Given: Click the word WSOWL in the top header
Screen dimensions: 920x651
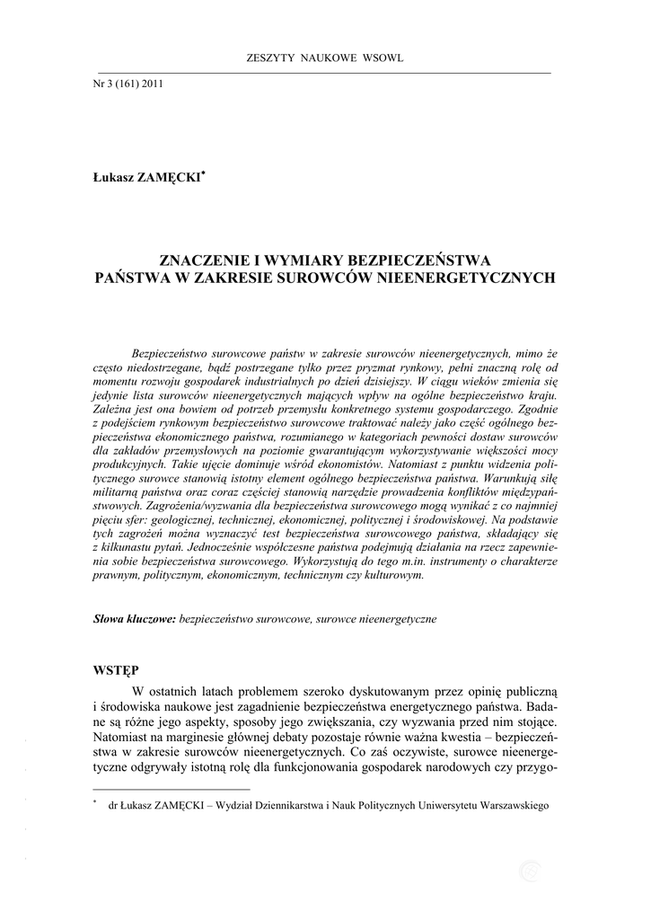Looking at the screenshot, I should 383,58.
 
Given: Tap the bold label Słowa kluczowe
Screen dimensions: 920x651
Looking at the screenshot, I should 135,620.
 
